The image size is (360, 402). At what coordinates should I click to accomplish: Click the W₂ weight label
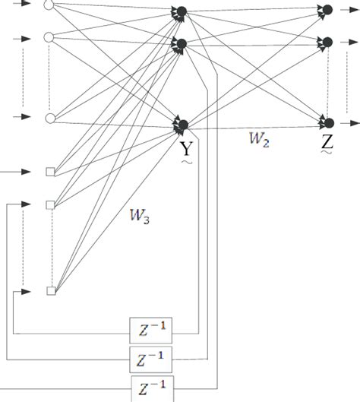258,138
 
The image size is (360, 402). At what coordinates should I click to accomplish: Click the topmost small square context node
51,173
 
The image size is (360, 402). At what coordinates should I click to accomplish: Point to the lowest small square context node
51,290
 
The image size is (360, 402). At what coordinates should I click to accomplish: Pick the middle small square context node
51,204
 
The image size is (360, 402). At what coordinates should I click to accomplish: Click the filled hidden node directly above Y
182,124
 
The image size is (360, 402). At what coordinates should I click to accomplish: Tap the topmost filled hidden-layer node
182,11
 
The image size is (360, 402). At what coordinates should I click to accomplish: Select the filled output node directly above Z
328,122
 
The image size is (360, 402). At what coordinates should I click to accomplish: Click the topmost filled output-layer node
328,9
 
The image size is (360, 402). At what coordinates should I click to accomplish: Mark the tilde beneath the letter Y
185,161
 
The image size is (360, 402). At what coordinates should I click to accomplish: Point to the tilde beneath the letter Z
327,154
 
